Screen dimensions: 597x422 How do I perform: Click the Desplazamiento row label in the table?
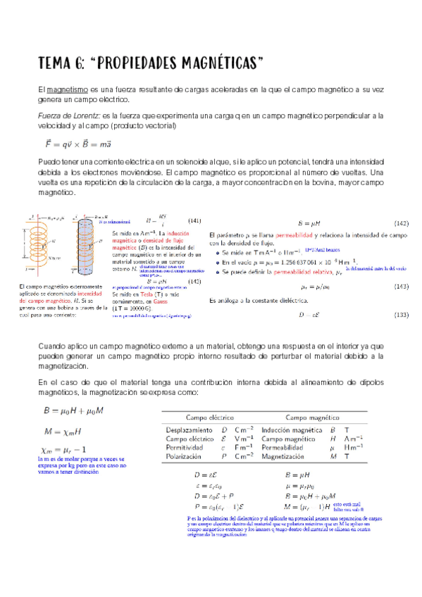click(190, 429)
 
